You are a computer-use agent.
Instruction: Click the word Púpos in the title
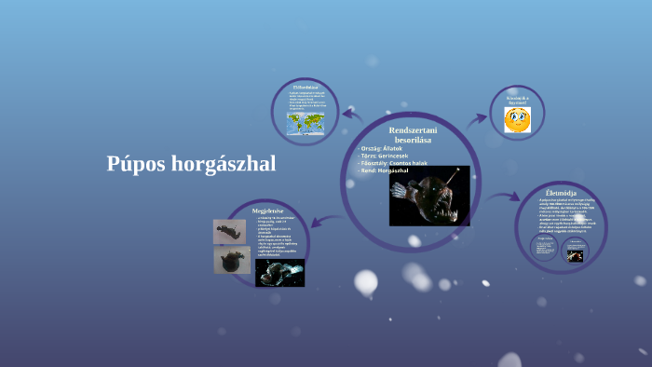click(135, 165)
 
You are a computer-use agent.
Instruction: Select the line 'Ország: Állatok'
click(384, 148)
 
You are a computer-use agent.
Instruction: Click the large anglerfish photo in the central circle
click(428, 196)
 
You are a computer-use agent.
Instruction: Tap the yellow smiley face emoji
click(517, 119)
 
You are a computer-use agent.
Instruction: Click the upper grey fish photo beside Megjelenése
click(229, 231)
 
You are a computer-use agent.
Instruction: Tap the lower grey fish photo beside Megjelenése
click(230, 260)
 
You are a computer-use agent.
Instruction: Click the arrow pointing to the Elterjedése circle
click(350, 114)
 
